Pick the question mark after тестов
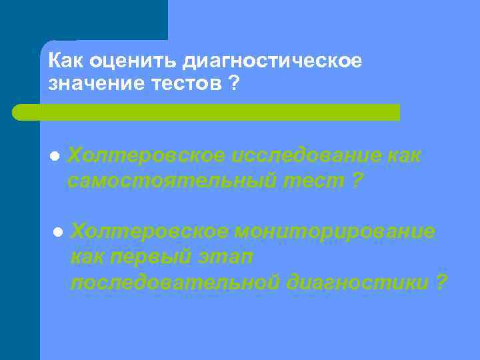click(x=235, y=84)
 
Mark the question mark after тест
click(x=358, y=181)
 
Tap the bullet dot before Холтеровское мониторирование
click(x=57, y=232)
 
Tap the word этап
click(x=227, y=257)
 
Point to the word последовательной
click(x=175, y=282)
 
